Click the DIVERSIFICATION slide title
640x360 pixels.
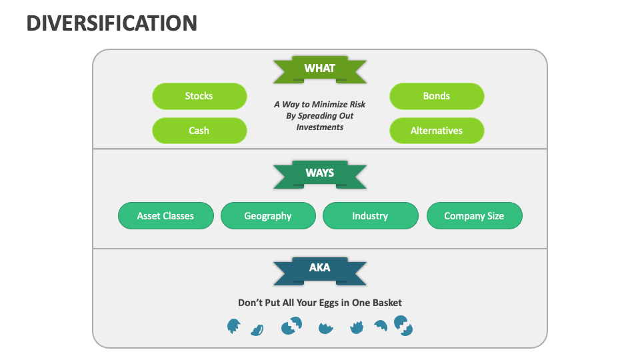click(x=111, y=23)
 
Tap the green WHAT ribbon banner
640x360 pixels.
click(x=319, y=69)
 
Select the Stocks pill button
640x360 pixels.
click(x=199, y=96)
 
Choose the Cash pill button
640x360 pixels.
click(x=199, y=131)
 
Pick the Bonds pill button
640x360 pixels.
click(x=437, y=96)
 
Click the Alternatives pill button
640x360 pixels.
click(x=437, y=131)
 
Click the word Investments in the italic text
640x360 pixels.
click(x=320, y=127)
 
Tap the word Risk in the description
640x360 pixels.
click(x=357, y=105)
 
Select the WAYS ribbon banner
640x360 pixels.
click(x=319, y=173)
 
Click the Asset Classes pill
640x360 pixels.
click(x=165, y=216)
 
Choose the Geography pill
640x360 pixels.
click(x=268, y=216)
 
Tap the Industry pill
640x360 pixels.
click(x=370, y=216)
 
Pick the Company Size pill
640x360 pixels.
click(x=474, y=216)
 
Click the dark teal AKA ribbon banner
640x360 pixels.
click(x=319, y=269)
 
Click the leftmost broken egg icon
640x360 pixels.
click(x=233, y=326)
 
